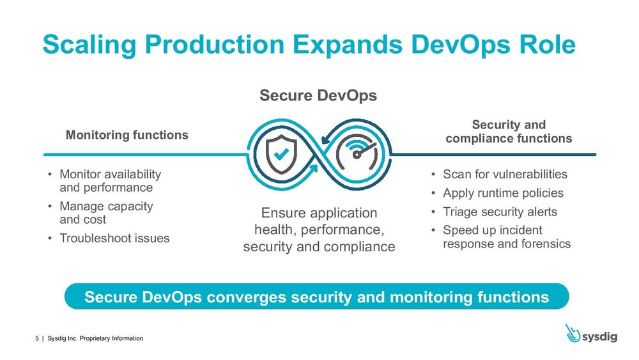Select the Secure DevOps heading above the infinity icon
pyautogui.click(x=318, y=95)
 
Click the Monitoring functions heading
pyautogui.click(x=127, y=135)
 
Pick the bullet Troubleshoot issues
pyautogui.click(x=114, y=239)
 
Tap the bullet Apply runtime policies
pyautogui.click(x=503, y=193)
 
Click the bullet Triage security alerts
pyautogui.click(x=500, y=212)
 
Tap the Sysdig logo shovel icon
pyautogui.click(x=573, y=333)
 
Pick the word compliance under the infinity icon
pyautogui.click(x=359, y=246)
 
